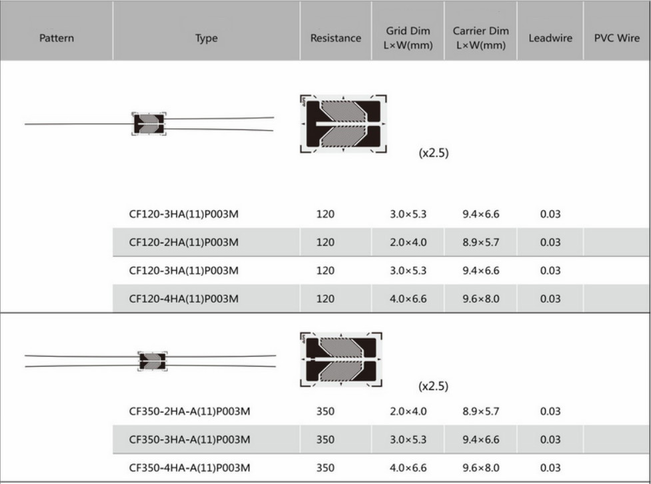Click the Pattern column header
[57, 38]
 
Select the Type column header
[207, 38]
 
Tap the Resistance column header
[335, 38]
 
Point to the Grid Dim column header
[408, 38]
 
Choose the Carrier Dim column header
[481, 38]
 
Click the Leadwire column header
[550, 38]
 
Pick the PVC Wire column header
[616, 38]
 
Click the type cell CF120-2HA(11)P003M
[183, 242]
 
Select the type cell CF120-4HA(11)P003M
[183, 299]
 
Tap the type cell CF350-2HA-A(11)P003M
[189, 411]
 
